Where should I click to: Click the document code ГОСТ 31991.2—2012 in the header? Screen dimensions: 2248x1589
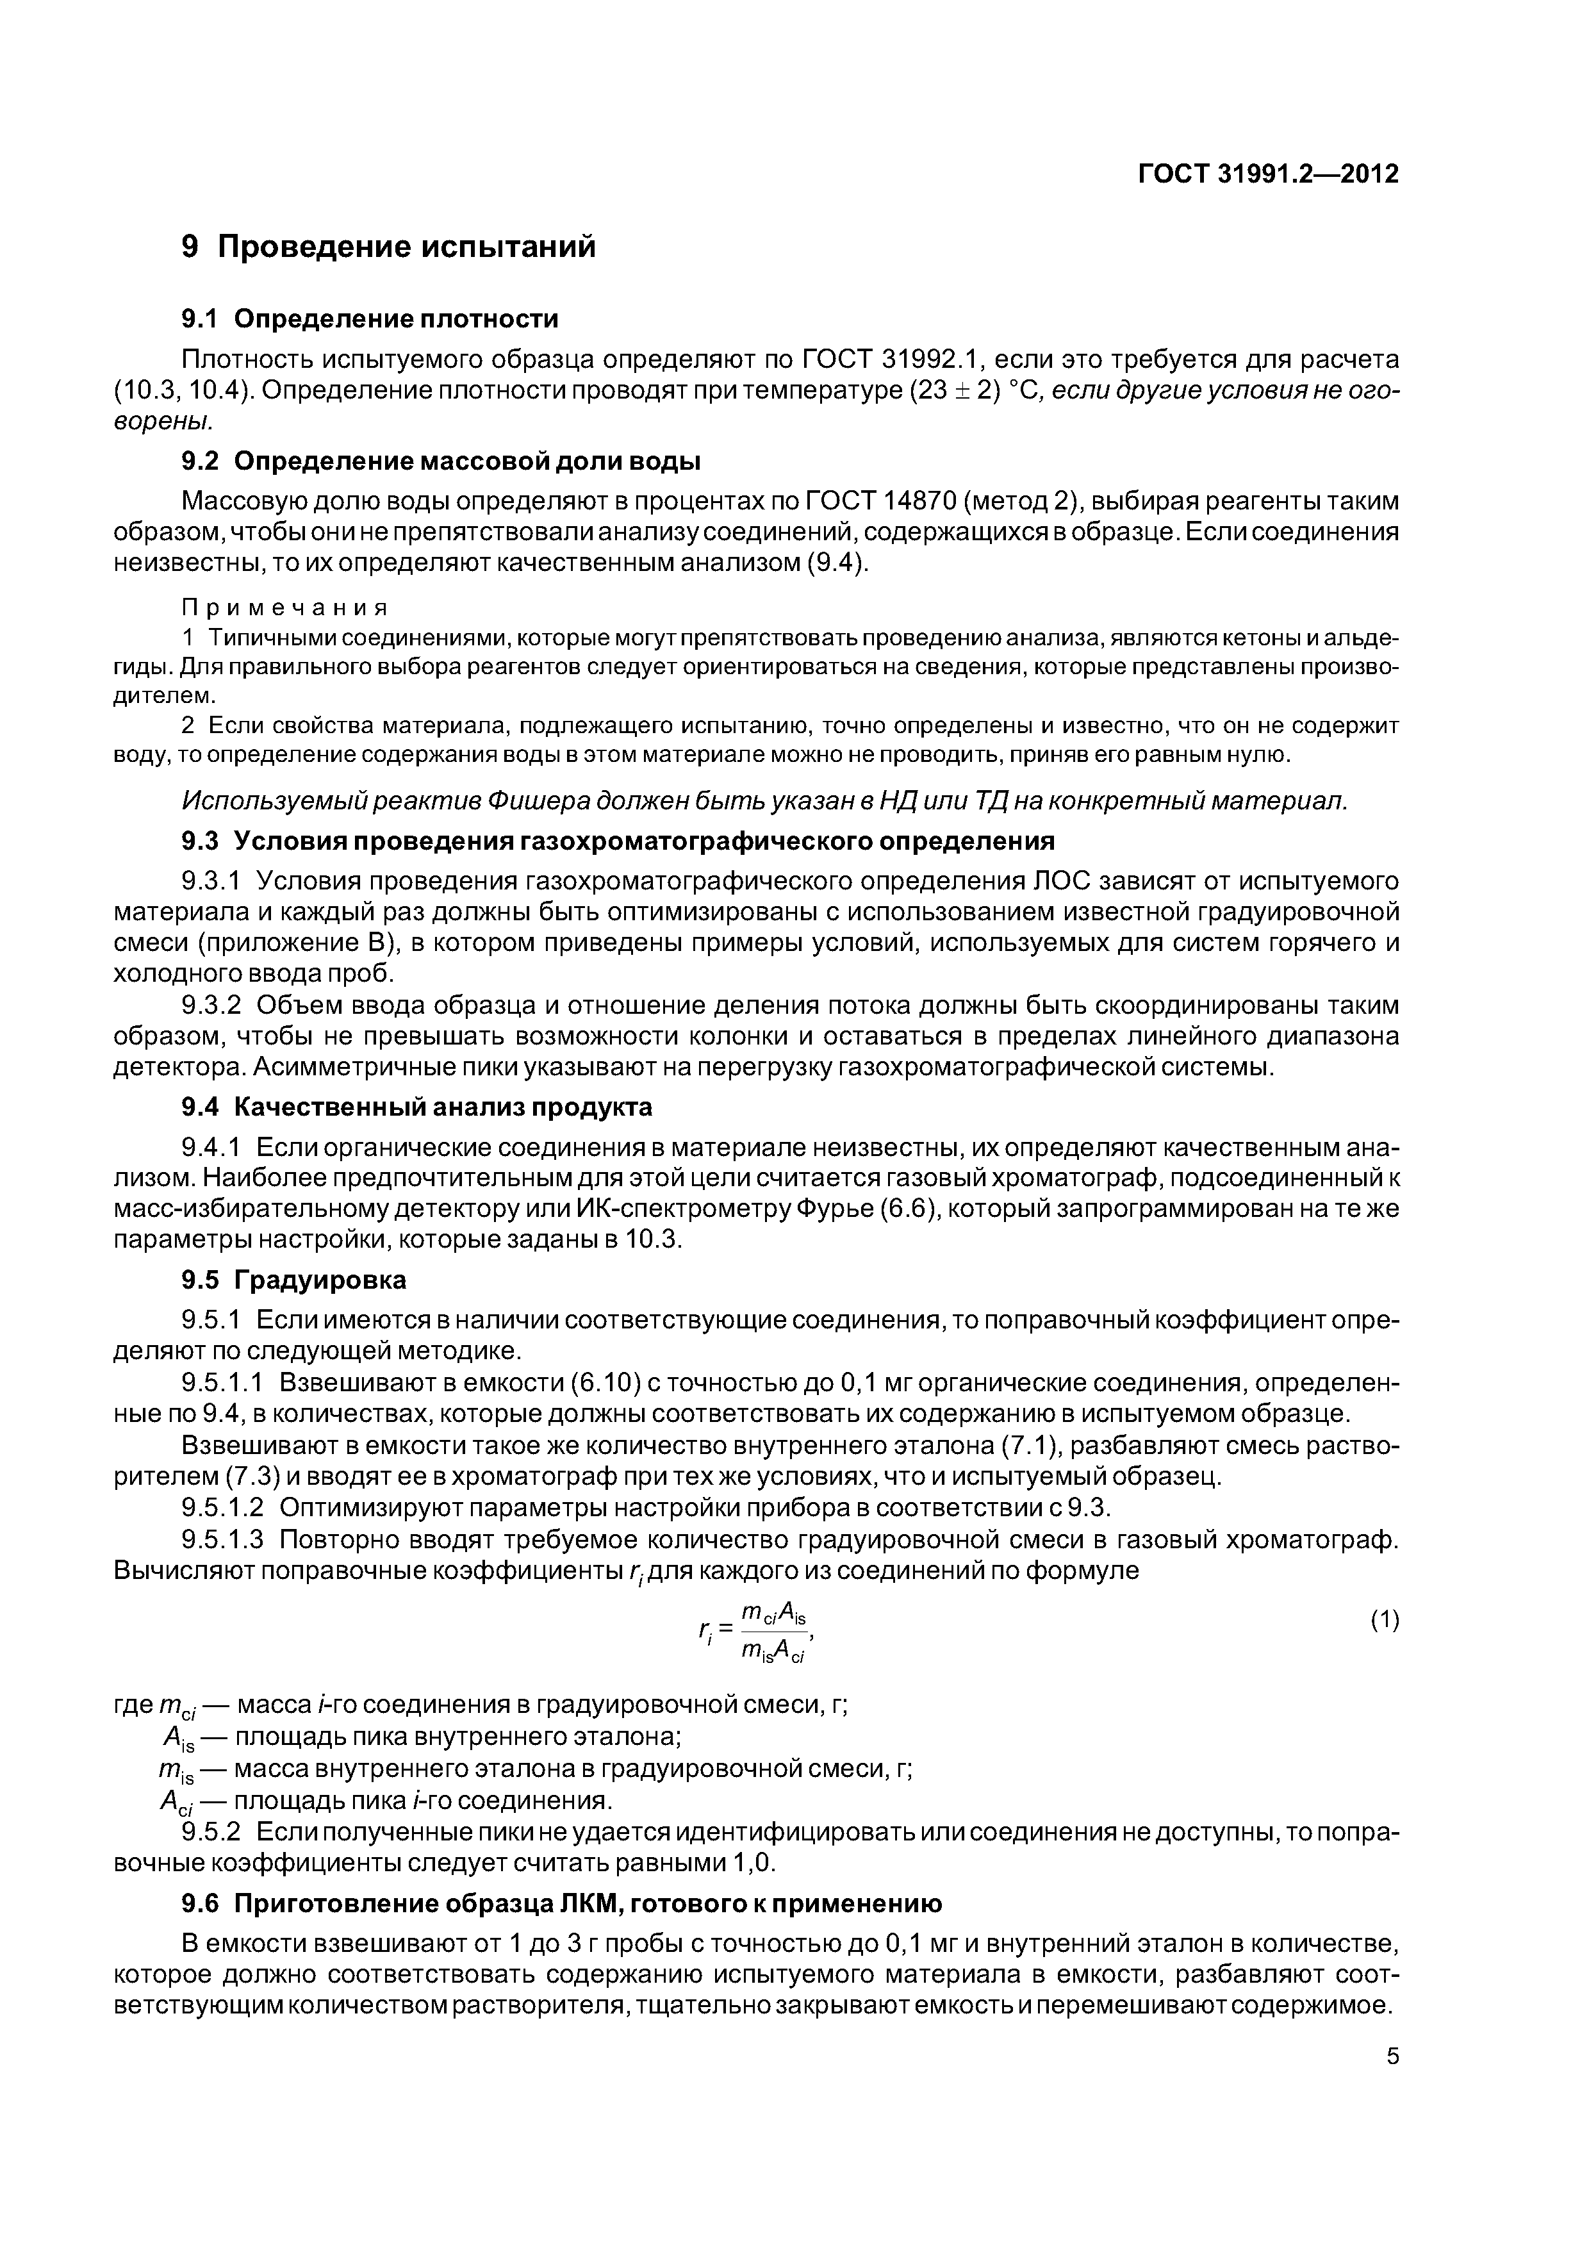click(1268, 174)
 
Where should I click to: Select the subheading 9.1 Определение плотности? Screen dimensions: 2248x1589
click(370, 318)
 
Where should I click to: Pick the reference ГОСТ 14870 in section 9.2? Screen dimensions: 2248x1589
click(879, 501)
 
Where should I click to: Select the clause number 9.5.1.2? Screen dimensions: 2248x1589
click(223, 1507)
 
